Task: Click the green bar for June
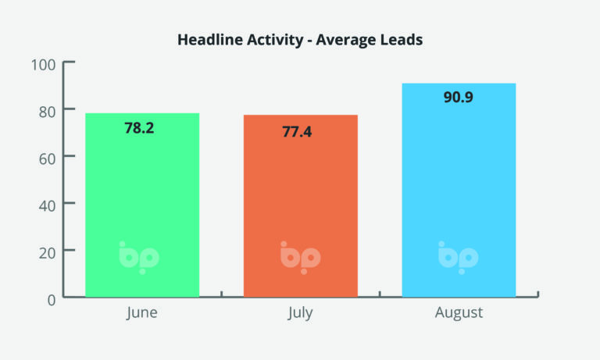142,205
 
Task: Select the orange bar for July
301,206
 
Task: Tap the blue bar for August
459,190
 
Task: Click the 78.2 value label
139,128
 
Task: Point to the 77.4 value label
297,132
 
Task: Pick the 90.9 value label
459,97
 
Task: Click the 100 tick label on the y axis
43,65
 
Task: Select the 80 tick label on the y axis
47,112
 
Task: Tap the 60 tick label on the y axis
47,159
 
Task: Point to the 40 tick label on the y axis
47,206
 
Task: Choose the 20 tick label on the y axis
47,253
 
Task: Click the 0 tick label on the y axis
52,301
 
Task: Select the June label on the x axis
142,313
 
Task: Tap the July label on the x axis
300,313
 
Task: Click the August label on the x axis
459,313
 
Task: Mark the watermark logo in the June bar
139,258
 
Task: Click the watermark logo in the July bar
301,258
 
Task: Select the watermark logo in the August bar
459,258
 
